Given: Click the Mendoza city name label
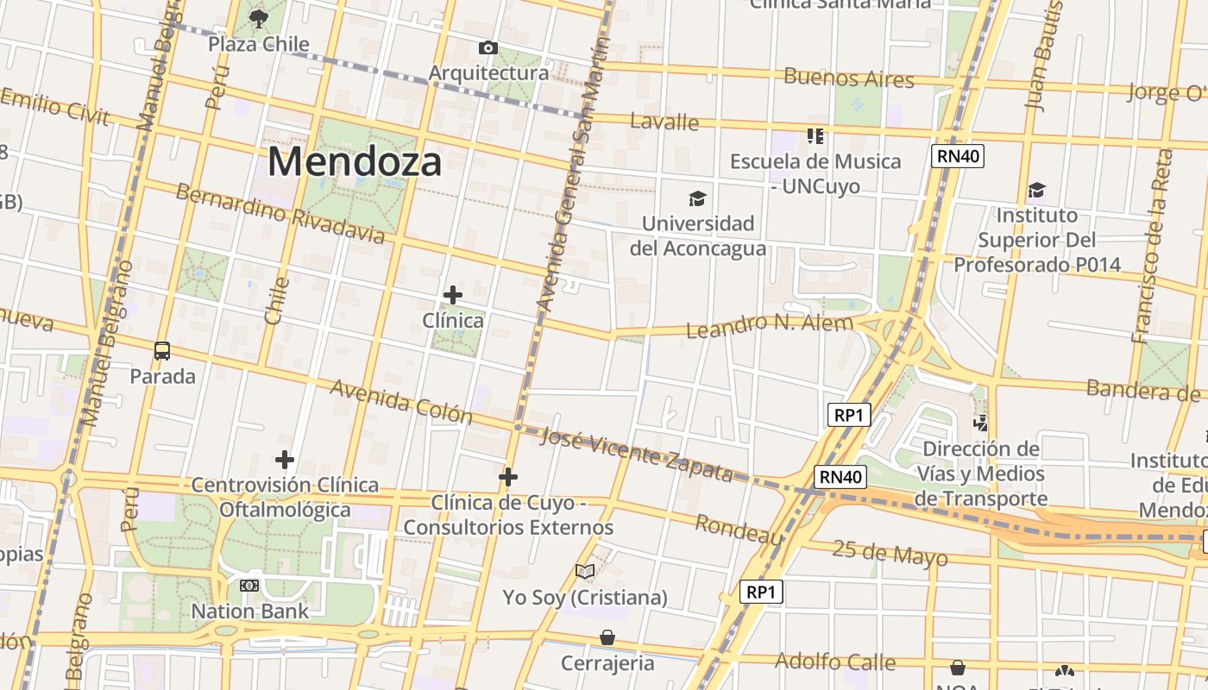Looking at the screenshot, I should click(355, 161).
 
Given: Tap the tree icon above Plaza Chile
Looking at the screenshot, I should click(258, 17).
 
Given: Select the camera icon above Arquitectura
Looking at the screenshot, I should click(488, 47).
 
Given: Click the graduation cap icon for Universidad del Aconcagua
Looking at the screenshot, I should click(698, 199).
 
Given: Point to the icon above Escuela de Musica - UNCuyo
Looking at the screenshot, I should click(815, 136).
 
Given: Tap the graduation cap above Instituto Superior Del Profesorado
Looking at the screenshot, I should click(1036, 190).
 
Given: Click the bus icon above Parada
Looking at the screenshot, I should click(162, 351).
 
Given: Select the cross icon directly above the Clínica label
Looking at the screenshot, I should click(453, 295).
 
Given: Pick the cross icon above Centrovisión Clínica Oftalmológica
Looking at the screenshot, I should click(285, 460).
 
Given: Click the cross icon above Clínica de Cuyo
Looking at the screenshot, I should click(508, 476).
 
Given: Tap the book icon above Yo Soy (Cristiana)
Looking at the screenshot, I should click(585, 571).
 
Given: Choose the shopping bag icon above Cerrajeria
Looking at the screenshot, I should click(607, 637).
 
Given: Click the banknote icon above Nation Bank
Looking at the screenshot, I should click(249, 586).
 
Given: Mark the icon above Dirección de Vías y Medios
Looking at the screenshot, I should click(980, 423).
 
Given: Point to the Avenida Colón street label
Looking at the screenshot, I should click(401, 402).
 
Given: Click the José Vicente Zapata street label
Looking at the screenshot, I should click(636, 455).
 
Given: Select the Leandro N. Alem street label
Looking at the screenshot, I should click(769, 326).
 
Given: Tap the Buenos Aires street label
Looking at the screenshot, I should click(848, 78).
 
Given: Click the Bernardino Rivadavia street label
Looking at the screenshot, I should click(280, 213).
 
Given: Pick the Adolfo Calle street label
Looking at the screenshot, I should click(835, 662).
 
